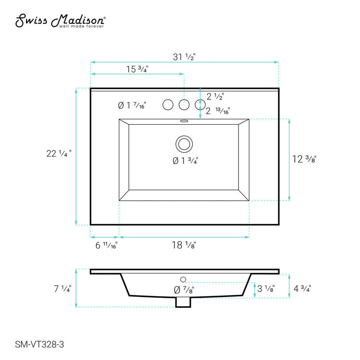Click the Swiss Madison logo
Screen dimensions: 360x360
[60, 21]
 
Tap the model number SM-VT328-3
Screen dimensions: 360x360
[40, 344]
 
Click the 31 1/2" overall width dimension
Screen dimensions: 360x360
[184, 57]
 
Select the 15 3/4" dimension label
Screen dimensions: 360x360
[137, 69]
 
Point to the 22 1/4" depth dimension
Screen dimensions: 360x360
[59, 153]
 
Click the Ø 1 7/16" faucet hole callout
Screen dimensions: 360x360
[132, 105]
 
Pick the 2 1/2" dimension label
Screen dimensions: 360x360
[215, 96]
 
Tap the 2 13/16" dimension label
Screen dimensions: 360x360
[218, 111]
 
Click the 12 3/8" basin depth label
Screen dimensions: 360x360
[304, 159]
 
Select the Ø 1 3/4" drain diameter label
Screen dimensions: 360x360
[185, 161]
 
